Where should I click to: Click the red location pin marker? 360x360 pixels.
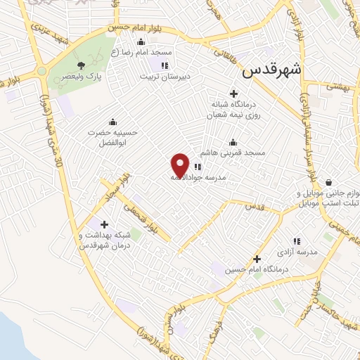tap(181, 165)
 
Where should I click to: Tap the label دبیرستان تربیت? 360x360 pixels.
tap(164, 76)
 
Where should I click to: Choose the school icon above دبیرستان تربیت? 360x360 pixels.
tap(164, 65)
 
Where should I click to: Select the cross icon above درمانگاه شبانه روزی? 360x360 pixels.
tap(233, 94)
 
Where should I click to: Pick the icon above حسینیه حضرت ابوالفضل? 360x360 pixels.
tap(112, 120)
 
